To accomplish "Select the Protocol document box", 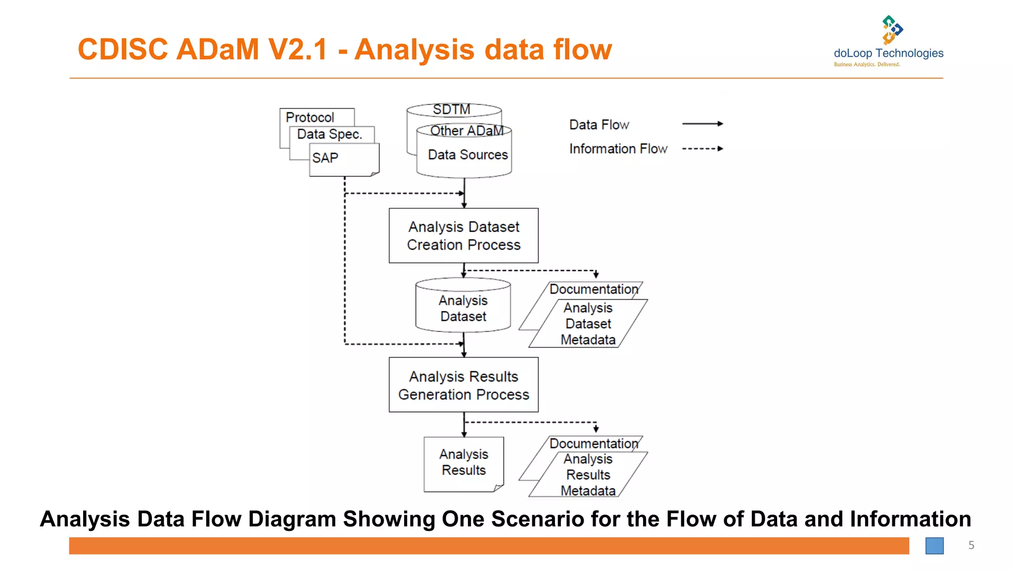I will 310,117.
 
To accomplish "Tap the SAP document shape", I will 344,159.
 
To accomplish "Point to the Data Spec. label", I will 329,134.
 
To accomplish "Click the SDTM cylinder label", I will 451,109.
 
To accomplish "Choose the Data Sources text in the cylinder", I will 467,155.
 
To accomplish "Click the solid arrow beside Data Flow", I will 702,124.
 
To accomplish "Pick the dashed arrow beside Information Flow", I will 702,148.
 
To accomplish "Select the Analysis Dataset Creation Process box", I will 463,236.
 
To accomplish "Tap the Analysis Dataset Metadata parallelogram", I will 588,324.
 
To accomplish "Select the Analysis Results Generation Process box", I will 463,385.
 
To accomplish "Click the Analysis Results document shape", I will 463,463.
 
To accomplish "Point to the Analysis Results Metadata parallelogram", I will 588,475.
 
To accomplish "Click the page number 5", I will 971,545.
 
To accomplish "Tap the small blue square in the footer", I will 934,546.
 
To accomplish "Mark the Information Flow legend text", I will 618,148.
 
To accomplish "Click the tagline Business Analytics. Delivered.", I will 867,64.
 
